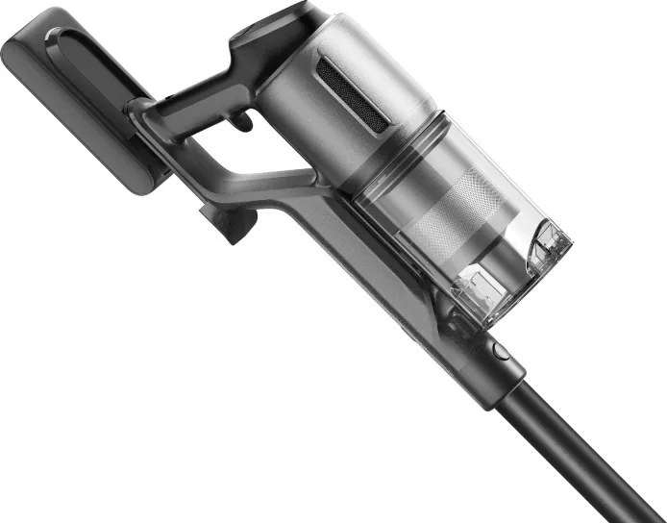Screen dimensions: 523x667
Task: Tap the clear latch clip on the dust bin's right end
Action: (549, 241)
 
